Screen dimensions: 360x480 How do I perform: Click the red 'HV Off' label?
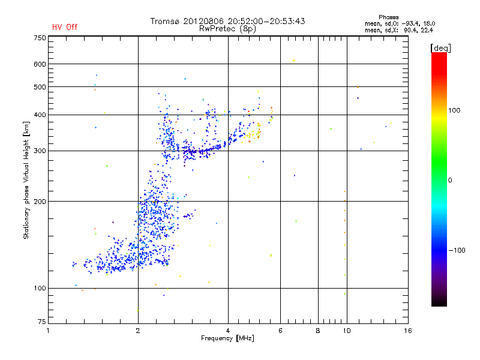click(x=64, y=27)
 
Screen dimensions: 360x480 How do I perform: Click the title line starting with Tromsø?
click(x=227, y=21)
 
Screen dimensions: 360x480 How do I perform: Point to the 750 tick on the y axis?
click(x=40, y=37)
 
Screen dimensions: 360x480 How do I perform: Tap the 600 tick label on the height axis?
click(x=40, y=64)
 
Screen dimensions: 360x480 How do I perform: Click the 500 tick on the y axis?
click(x=40, y=87)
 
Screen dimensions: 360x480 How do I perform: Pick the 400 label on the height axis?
click(x=40, y=115)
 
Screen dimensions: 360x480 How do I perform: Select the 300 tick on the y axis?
click(x=40, y=151)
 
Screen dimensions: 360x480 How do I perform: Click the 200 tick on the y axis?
click(x=40, y=201)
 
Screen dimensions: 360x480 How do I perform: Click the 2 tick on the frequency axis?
click(x=138, y=330)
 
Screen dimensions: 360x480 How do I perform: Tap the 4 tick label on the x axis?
click(x=228, y=330)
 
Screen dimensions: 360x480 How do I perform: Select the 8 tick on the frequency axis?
click(x=318, y=330)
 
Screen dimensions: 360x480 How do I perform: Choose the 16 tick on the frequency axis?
click(x=408, y=330)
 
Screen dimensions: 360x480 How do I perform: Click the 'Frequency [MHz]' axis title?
click(x=227, y=339)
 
